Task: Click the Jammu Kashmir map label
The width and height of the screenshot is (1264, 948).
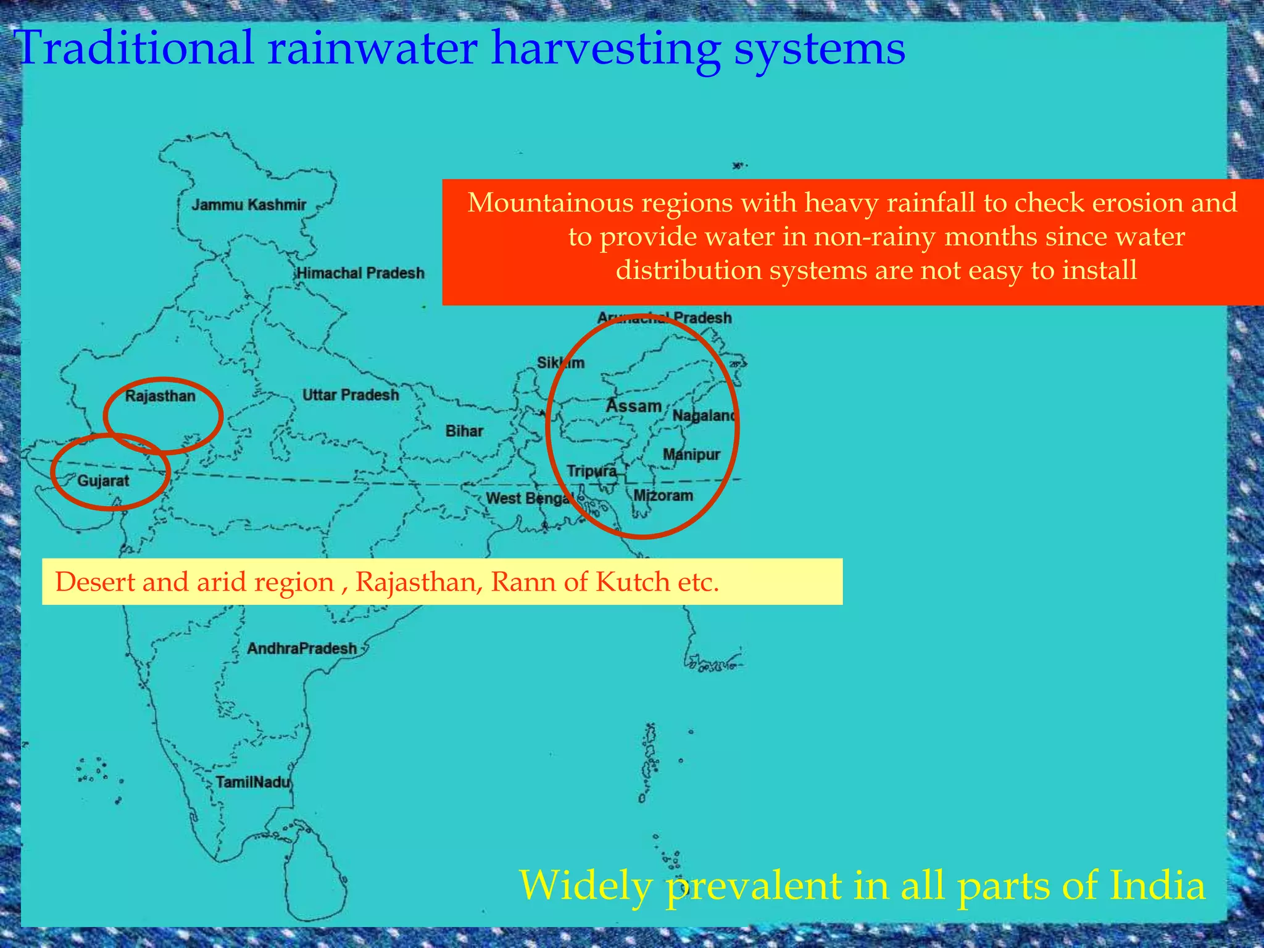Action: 248,205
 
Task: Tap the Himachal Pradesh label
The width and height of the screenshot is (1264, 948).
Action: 360,273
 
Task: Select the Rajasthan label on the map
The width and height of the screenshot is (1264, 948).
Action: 160,396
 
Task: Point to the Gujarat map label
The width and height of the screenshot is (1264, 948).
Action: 103,480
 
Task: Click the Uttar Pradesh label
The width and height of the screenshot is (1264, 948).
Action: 351,395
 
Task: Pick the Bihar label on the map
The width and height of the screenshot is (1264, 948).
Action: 464,431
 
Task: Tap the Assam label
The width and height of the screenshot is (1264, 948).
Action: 633,405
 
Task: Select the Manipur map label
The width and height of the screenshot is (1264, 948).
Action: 691,455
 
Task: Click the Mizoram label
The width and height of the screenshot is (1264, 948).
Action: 663,496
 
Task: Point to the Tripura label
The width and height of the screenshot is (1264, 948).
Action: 591,472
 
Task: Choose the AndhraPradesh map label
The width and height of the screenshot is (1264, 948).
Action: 302,649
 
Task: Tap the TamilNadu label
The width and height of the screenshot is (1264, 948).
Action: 252,783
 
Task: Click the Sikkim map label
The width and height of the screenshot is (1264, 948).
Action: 560,363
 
